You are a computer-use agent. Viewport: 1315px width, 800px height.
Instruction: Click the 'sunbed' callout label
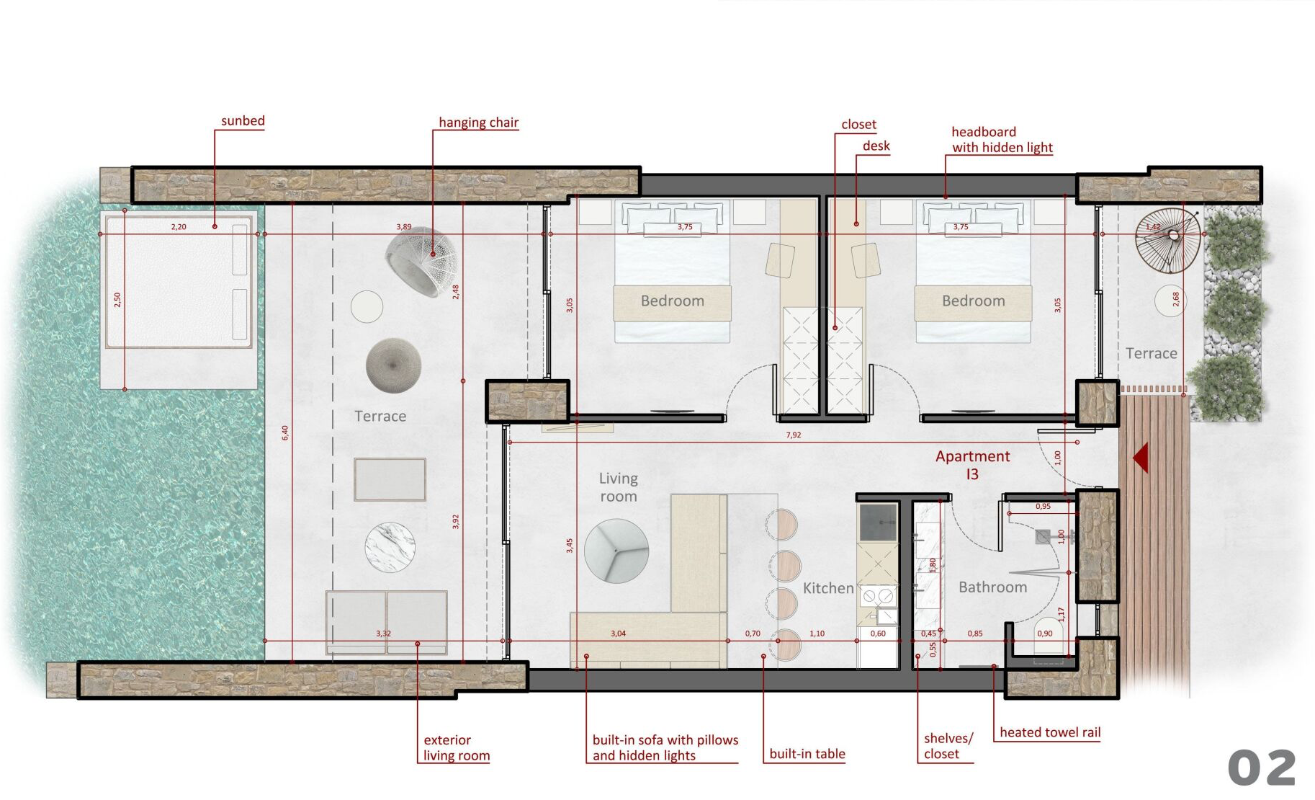243,120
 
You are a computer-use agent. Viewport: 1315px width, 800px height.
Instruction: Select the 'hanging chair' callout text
478,123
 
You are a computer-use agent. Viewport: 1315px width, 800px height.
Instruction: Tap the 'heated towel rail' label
1050,732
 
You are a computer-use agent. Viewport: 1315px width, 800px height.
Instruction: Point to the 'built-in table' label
807,754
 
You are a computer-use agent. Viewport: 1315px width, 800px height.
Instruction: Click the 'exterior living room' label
457,747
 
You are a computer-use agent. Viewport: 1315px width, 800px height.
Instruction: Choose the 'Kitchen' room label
828,588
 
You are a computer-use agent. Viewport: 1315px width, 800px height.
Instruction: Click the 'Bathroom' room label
992,587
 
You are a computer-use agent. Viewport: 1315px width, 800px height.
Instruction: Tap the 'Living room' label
619,487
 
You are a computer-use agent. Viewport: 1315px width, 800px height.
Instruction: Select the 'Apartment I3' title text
972,465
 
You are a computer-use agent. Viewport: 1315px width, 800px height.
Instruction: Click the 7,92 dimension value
793,435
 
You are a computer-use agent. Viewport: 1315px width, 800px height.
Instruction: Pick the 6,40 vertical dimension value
285,432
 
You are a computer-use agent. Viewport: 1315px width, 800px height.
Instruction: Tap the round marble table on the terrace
390,547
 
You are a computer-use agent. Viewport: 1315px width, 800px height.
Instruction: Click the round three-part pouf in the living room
616,551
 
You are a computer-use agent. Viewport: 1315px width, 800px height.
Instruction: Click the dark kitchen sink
878,523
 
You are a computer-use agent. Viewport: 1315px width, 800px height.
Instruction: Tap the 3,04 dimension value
618,634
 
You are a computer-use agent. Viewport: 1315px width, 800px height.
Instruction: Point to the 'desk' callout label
876,146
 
